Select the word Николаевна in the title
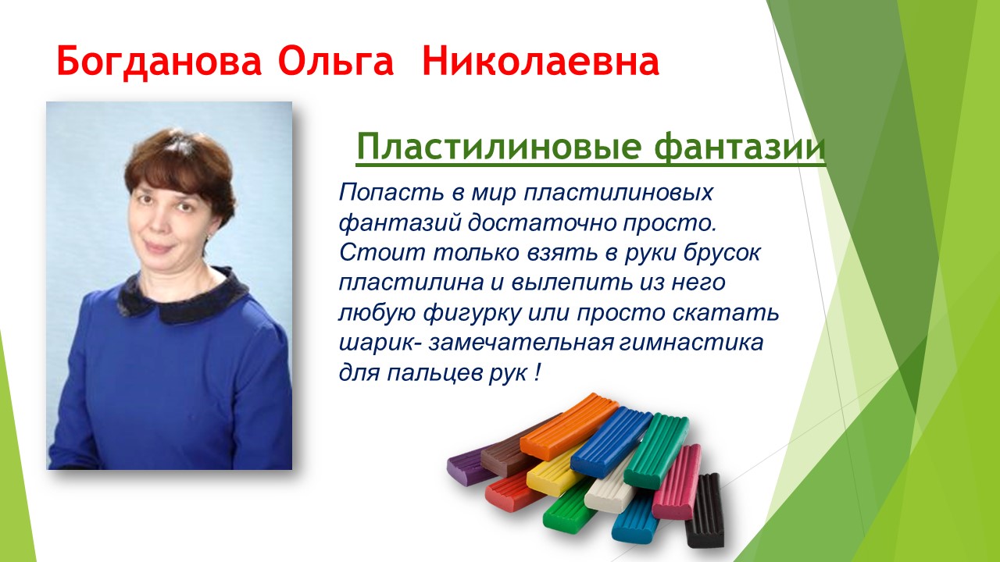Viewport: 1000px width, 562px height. tap(541, 62)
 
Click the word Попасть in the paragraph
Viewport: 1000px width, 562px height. tap(391, 192)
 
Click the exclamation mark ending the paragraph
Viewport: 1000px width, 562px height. tap(537, 372)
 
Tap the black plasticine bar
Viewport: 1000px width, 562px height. tap(705, 511)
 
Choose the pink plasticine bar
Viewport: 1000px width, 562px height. tap(677, 482)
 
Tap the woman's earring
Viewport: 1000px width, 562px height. tap(208, 237)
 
